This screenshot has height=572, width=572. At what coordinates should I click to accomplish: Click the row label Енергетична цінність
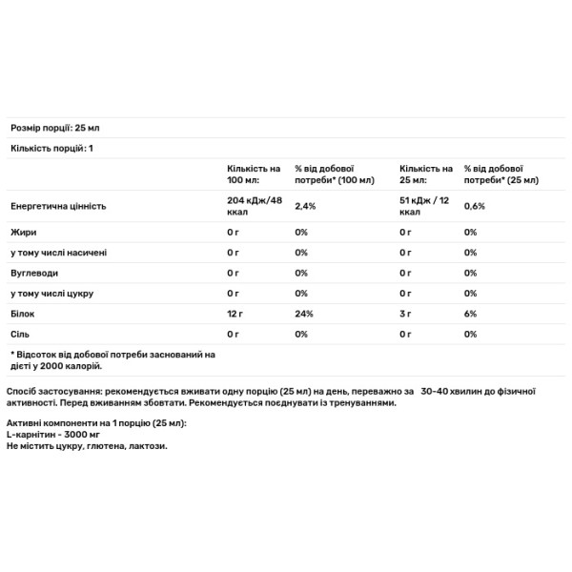pos(57,206)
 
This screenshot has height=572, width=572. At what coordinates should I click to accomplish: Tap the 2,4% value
pos(306,206)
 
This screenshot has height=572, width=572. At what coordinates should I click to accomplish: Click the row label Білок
pos(22,314)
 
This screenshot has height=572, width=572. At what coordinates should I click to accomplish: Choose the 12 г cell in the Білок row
pos(236,314)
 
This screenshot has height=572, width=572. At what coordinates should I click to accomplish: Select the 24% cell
pos(304,314)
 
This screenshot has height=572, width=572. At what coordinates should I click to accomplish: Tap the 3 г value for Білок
pos(405,314)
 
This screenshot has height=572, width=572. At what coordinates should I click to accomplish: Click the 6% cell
pos(471,314)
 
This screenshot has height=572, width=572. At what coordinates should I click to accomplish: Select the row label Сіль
pos(20,335)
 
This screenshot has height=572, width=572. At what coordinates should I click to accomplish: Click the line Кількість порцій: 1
pos(51,149)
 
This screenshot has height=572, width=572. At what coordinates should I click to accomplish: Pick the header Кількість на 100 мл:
pos(253,173)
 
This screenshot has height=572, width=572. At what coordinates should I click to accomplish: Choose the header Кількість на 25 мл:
pos(425,173)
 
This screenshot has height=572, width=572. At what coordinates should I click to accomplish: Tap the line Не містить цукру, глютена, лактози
pos(86,446)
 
